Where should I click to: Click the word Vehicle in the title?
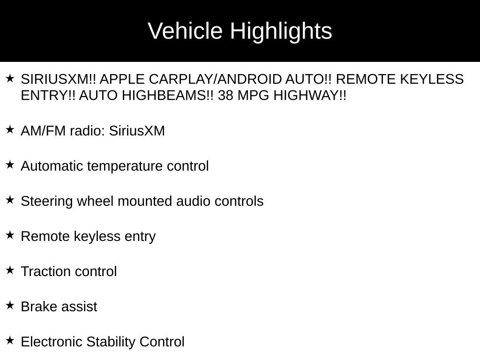[185, 30]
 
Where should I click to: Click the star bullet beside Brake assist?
[10, 305]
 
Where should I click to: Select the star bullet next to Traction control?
[10, 270]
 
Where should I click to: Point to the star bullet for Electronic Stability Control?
[10, 340]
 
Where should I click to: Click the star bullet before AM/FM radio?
[10, 129]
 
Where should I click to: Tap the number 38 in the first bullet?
[226, 96]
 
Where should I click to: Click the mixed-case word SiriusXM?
[137, 131]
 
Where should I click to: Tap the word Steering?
[46, 202]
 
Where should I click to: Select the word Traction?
[45, 271]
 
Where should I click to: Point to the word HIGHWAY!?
[310, 96]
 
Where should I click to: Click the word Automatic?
[52, 166]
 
